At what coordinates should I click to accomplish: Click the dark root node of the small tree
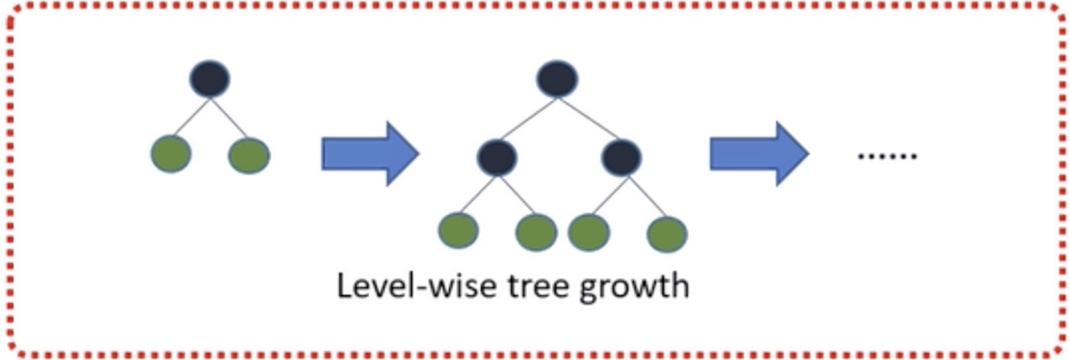coord(209,79)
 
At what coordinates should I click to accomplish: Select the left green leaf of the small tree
coord(171,153)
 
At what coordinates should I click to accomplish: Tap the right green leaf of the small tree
coord(249,155)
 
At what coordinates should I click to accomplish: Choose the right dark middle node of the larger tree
coord(621,157)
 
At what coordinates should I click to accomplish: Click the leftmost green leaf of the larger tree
coord(458,230)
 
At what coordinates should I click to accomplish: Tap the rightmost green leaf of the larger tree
coord(667,234)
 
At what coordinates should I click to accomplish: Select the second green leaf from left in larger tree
coord(536,232)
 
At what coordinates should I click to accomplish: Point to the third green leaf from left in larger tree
coord(589,232)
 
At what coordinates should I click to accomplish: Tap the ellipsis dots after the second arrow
coord(887,156)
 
